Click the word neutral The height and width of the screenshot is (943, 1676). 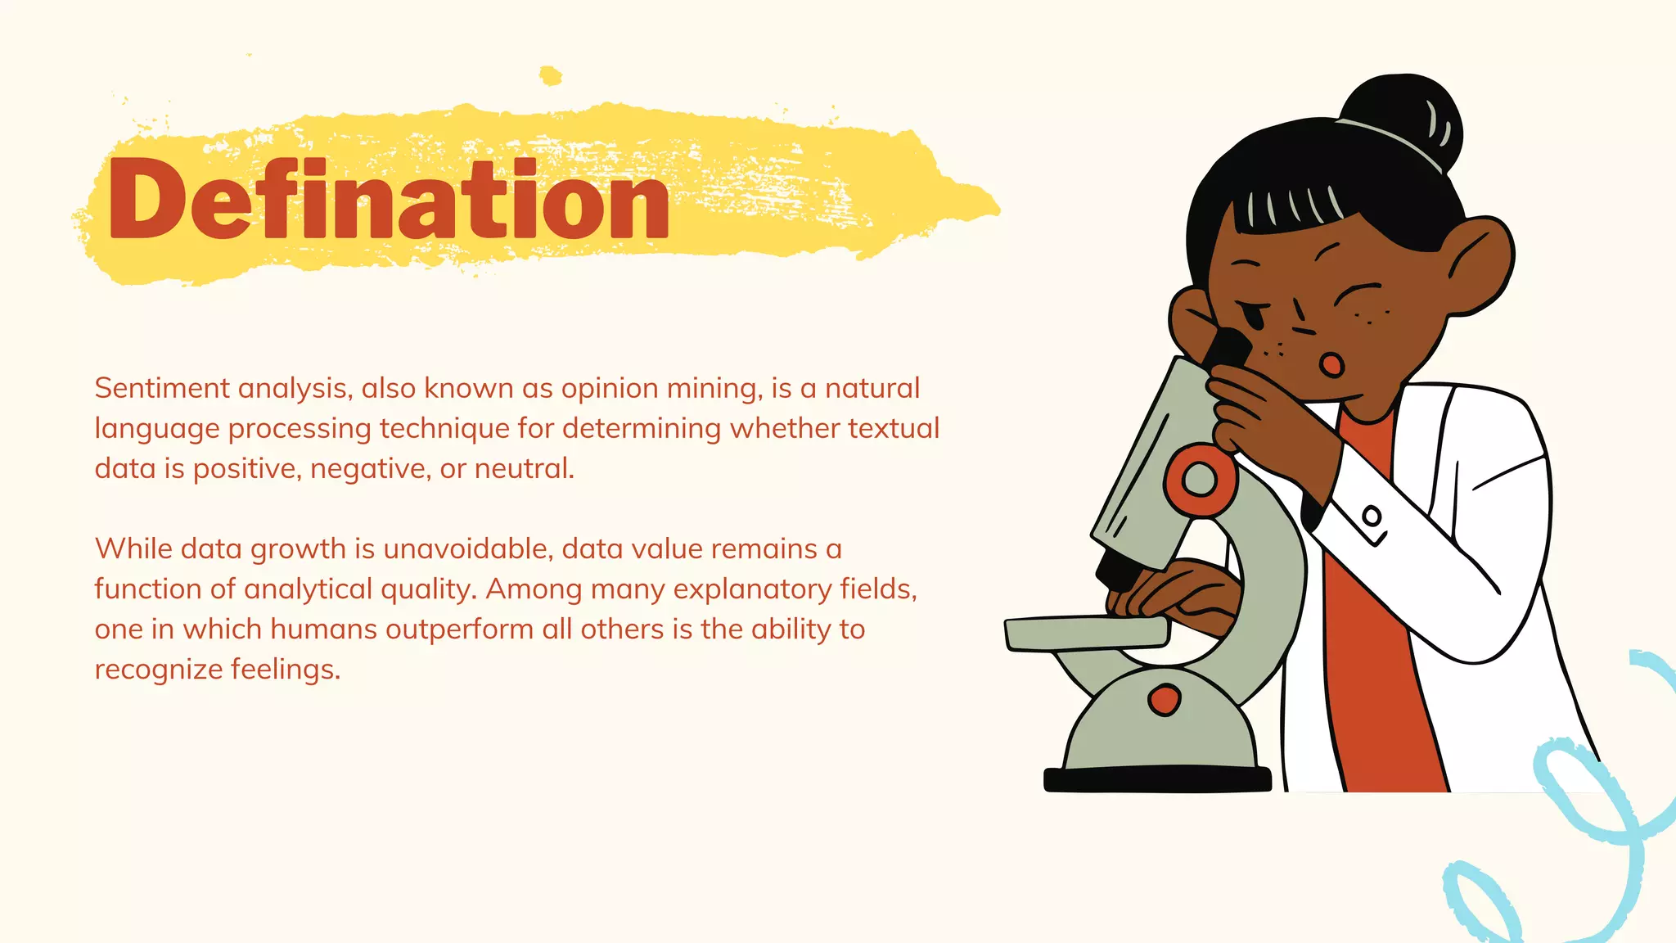tap(524, 468)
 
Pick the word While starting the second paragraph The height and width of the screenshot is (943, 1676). tap(133, 548)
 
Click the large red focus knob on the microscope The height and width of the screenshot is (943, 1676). tap(1200, 478)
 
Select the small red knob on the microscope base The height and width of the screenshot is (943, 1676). tap(1164, 700)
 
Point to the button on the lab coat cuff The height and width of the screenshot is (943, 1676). tap(1372, 517)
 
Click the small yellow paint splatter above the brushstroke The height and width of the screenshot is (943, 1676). tap(551, 76)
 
